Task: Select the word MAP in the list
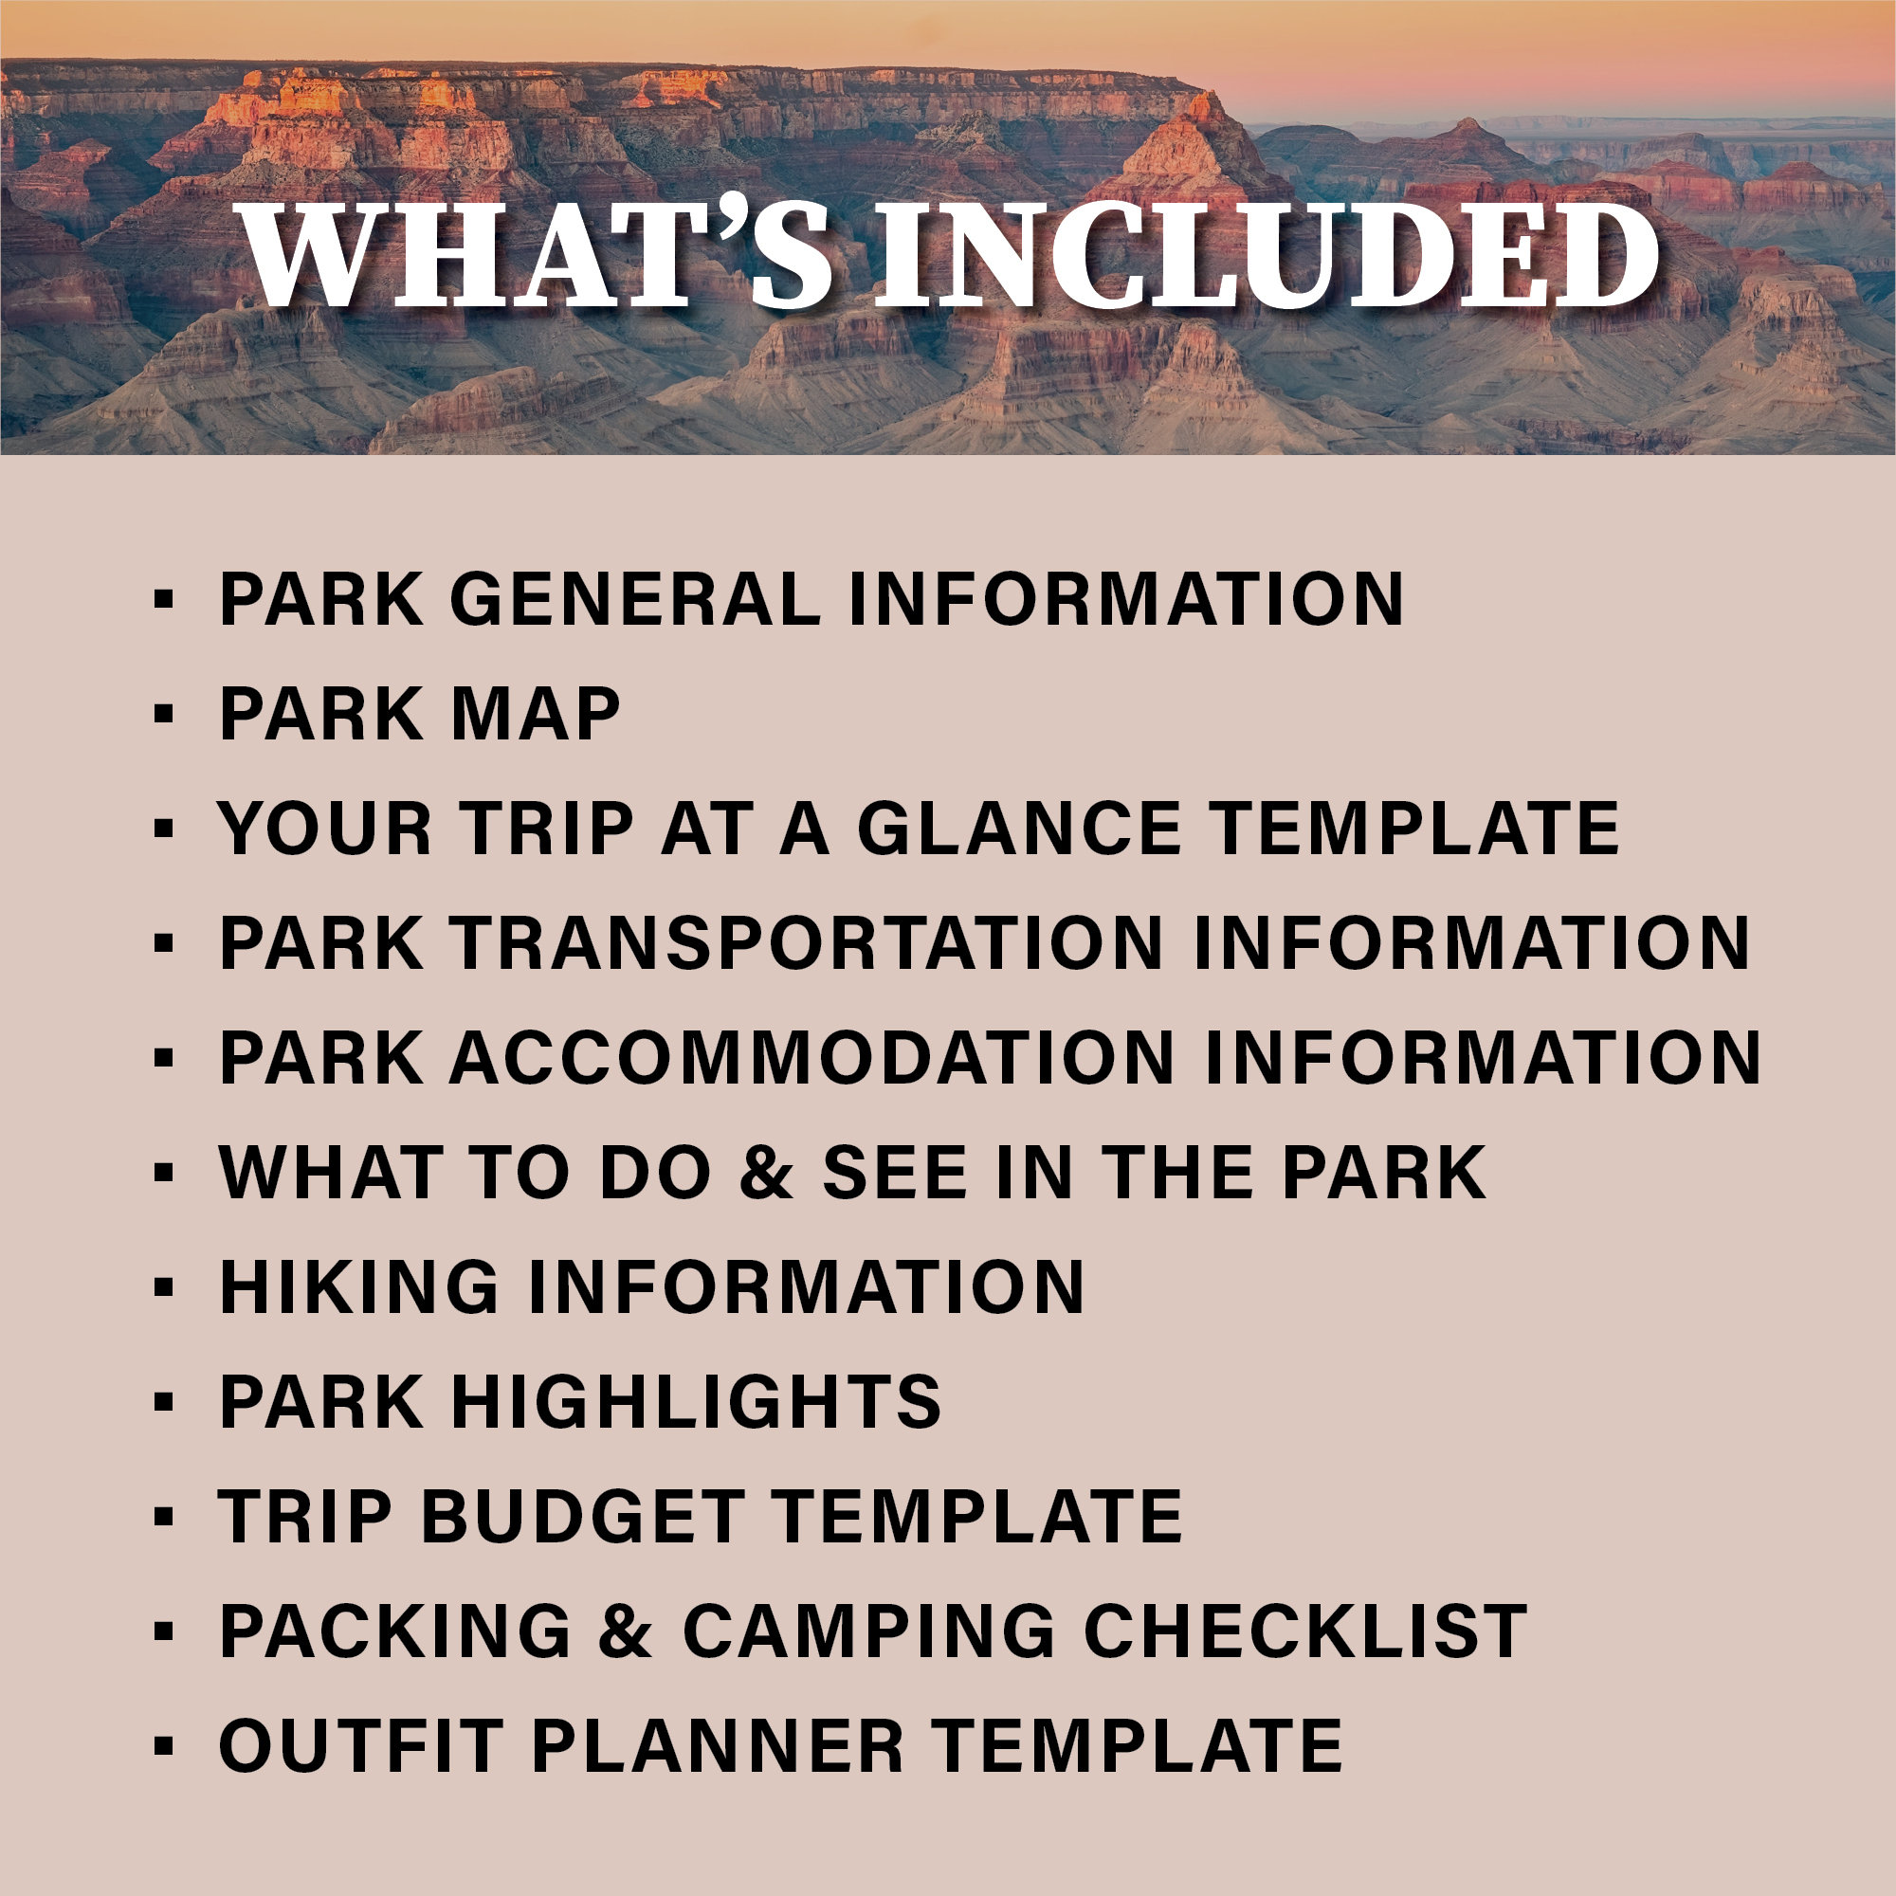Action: pos(535,714)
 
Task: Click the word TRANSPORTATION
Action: pos(807,943)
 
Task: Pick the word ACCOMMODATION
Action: pos(811,1058)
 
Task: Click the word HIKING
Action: pos(359,1287)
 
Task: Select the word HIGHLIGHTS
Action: pos(696,1402)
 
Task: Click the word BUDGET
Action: pos(581,1517)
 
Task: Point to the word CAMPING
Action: pos(868,1632)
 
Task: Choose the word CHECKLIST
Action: pos(1305,1632)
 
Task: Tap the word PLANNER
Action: pos(718,1747)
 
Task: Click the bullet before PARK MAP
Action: pos(164,714)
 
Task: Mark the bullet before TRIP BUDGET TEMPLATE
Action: pos(164,1517)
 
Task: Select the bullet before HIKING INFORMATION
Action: pos(164,1287)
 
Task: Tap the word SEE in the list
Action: pos(894,1173)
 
